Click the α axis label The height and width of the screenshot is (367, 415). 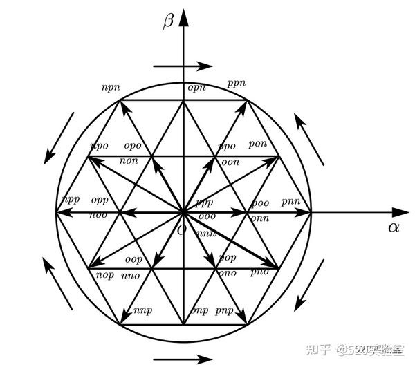point(393,227)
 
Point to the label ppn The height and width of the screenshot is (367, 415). point(236,84)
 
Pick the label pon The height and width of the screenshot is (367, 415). point(257,143)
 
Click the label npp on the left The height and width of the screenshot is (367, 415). point(71,199)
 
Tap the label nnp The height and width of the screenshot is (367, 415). point(142,310)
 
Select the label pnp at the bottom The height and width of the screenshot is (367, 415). point(225,310)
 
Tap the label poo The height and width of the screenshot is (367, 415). point(259,203)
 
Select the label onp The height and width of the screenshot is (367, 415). point(199,310)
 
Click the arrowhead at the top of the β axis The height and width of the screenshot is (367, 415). point(184,15)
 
